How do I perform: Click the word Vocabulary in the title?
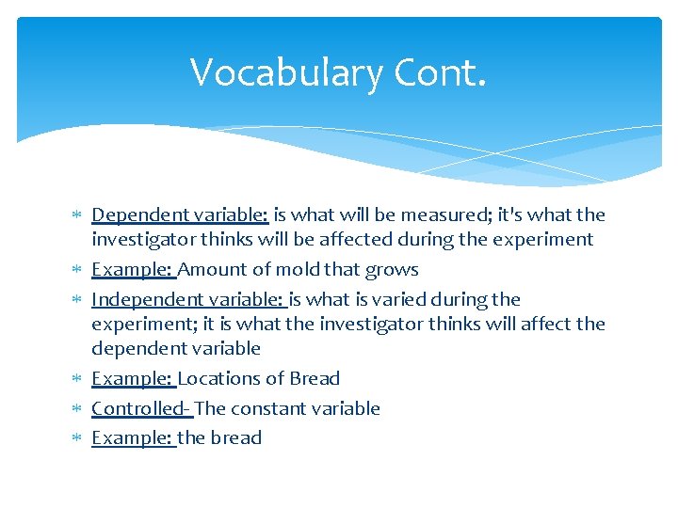(274, 72)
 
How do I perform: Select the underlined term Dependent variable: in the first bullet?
(179, 215)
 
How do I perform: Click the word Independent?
(139, 300)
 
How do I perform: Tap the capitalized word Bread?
(315, 379)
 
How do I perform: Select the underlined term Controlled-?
(140, 409)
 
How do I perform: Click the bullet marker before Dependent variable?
(77, 216)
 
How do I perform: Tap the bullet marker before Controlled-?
(77, 409)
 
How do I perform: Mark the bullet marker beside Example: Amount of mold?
(77, 270)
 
